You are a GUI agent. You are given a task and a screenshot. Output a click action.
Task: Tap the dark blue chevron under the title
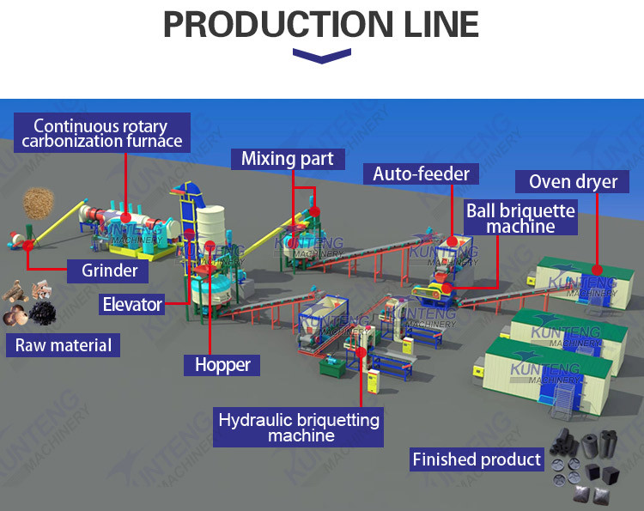321,56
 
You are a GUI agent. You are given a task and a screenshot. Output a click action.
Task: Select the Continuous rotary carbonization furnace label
102,134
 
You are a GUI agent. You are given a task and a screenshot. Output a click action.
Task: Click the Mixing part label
287,159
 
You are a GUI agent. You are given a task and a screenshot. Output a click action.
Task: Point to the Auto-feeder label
421,174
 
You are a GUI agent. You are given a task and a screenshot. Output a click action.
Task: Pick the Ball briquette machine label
520,218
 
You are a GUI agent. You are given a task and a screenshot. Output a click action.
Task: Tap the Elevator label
132,303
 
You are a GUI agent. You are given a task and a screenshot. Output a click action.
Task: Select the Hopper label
222,364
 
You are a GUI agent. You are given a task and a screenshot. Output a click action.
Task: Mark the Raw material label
64,346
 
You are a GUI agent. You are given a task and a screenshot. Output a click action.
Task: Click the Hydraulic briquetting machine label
299,428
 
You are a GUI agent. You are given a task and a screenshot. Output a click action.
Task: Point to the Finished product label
477,459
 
